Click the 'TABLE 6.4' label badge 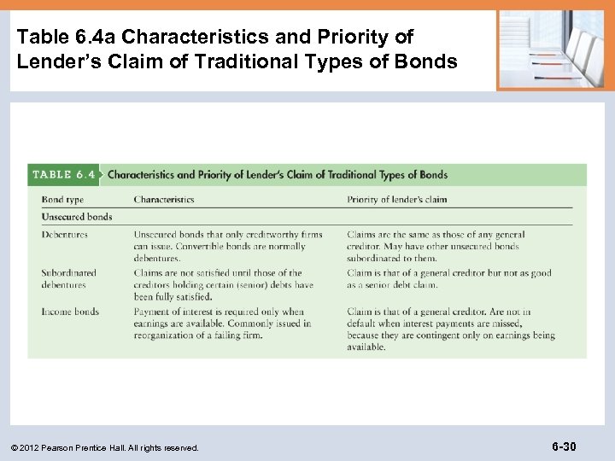pyautogui.click(x=63, y=174)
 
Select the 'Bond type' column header pyautogui.click(x=62, y=200)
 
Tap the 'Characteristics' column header pyautogui.click(x=163, y=200)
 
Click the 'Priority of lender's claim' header pyautogui.click(x=396, y=200)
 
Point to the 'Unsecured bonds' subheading pyautogui.click(x=77, y=217)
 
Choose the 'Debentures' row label pyautogui.click(x=64, y=235)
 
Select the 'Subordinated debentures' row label pyautogui.click(x=68, y=279)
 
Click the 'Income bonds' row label pyautogui.click(x=70, y=312)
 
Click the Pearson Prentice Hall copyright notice pyautogui.click(x=107, y=447)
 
